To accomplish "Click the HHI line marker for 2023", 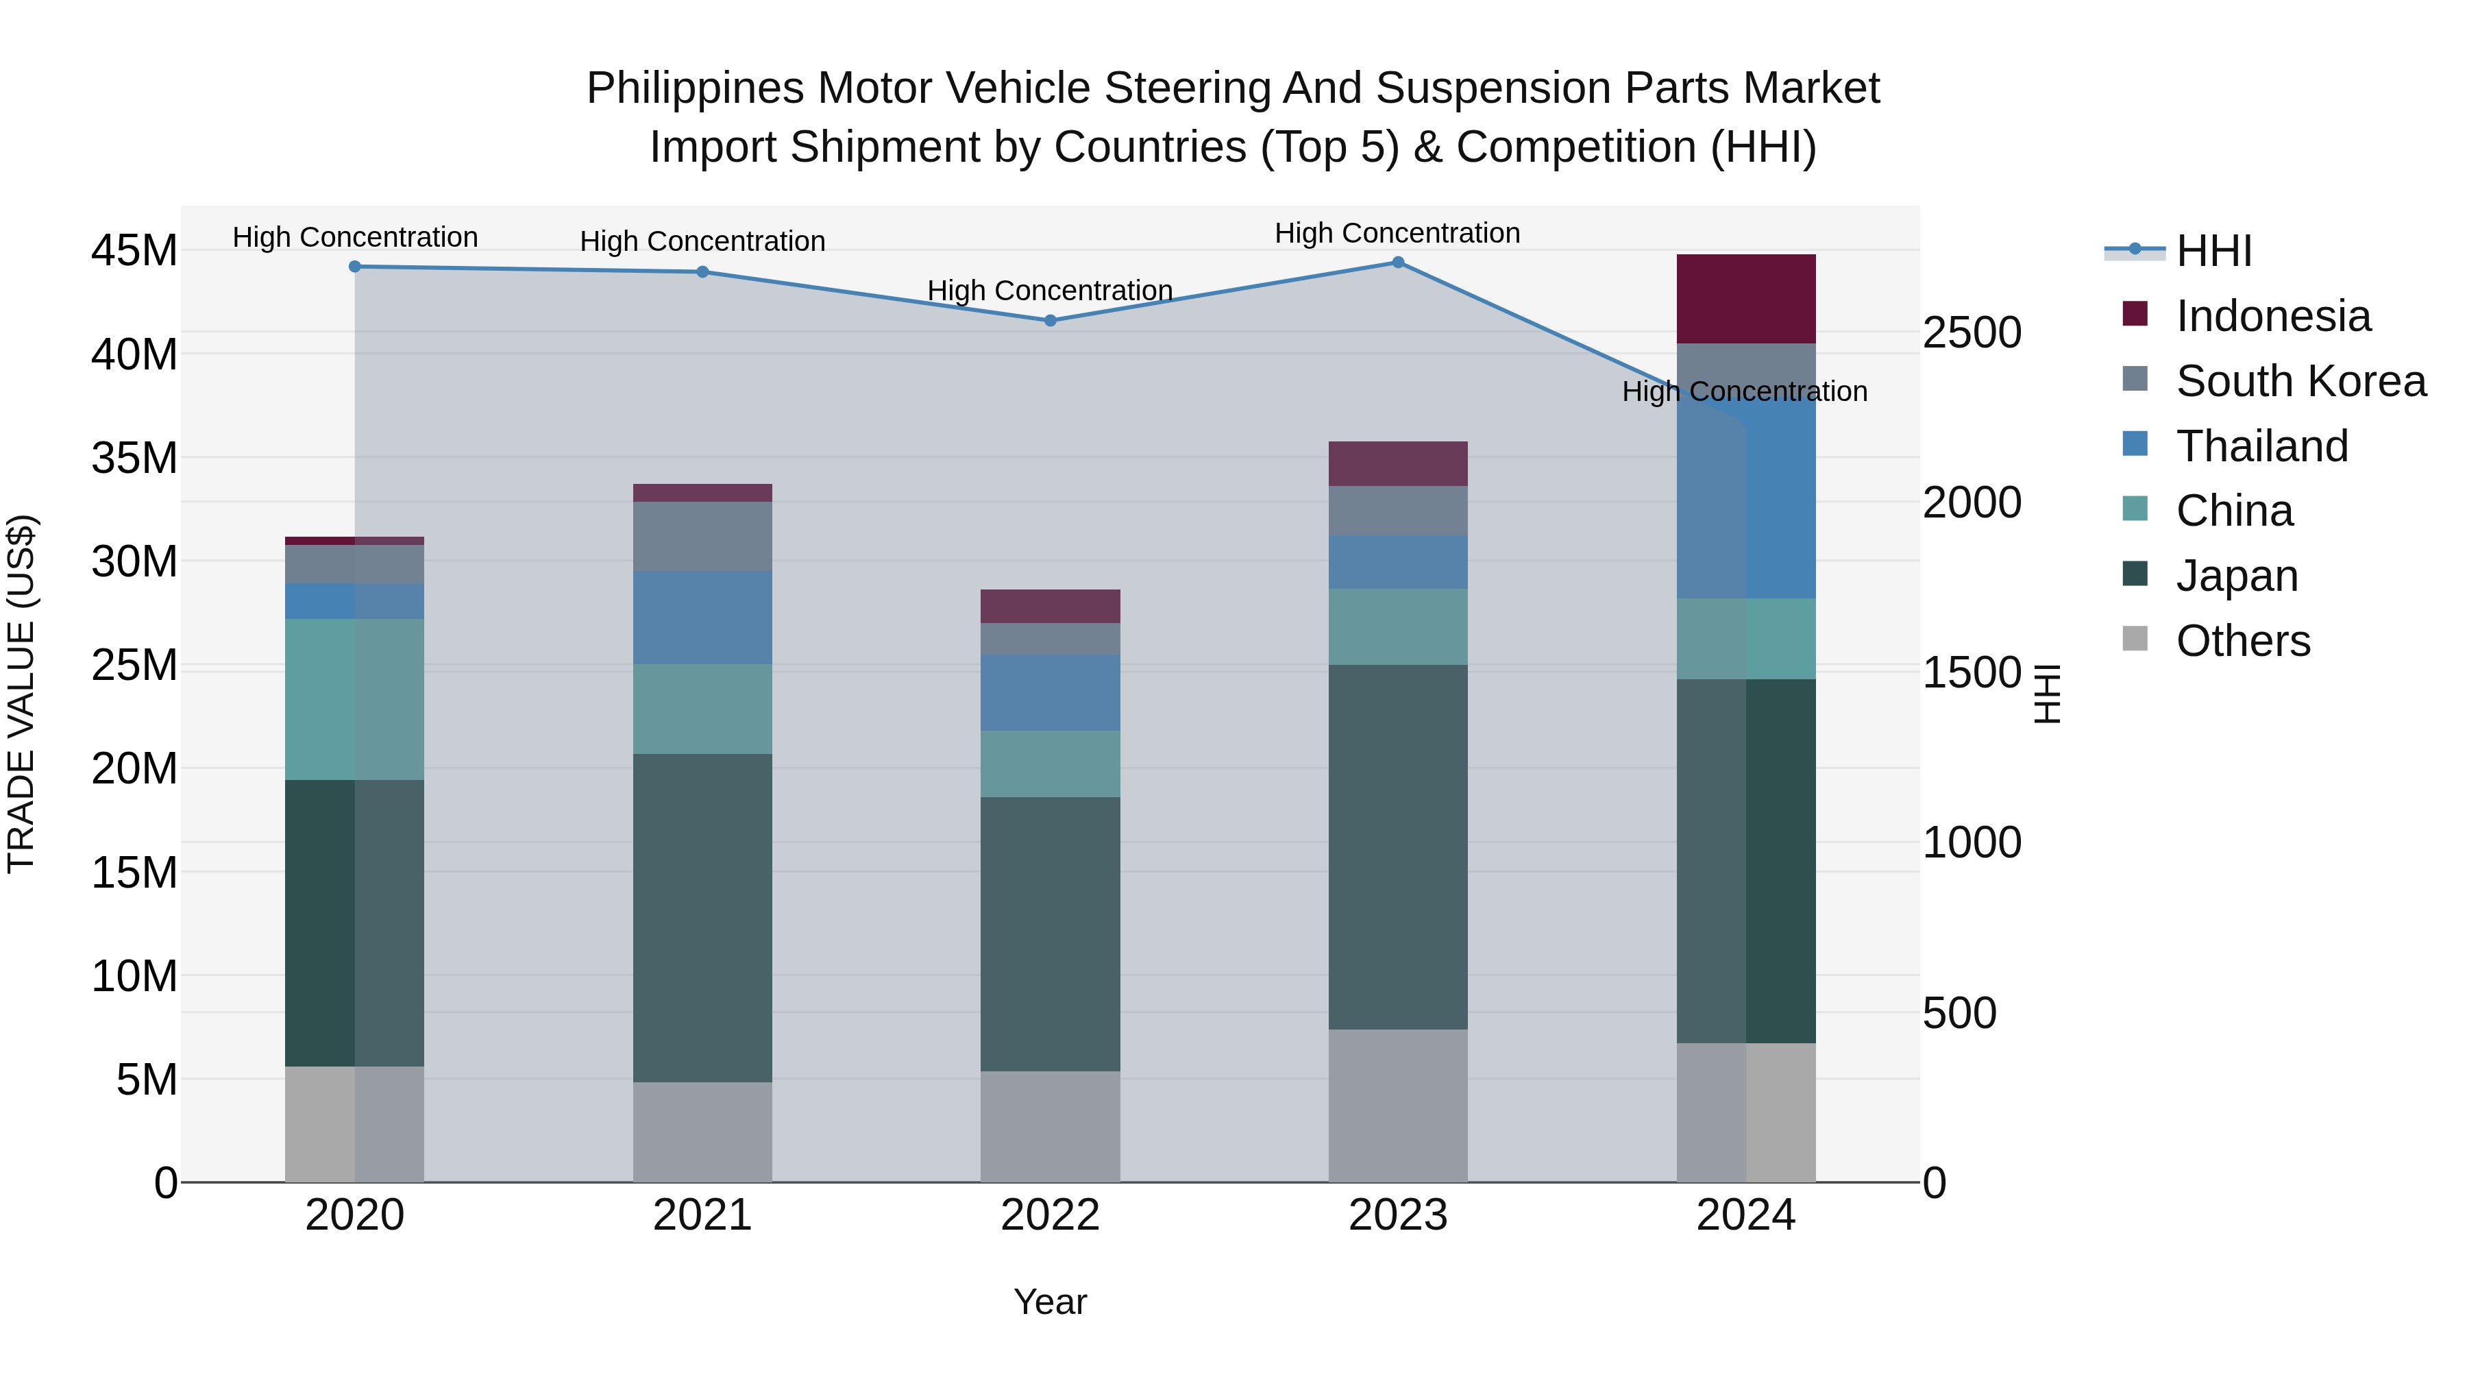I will [1397, 263].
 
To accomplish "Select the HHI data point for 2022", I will [1050, 321].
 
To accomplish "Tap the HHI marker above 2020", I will [354, 267].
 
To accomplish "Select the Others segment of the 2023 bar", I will [1397, 1106].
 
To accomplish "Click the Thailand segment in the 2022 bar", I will [1050, 692].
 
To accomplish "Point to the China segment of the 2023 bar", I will [1397, 626].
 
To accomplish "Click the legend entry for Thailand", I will [2261, 446].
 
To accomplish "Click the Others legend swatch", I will [2135, 639].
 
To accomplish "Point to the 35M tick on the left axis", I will [134, 458].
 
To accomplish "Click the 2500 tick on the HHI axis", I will [1972, 333].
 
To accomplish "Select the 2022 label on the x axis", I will [1050, 1215].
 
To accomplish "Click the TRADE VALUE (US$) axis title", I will [21, 694].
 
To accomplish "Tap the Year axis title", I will [1050, 1302].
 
